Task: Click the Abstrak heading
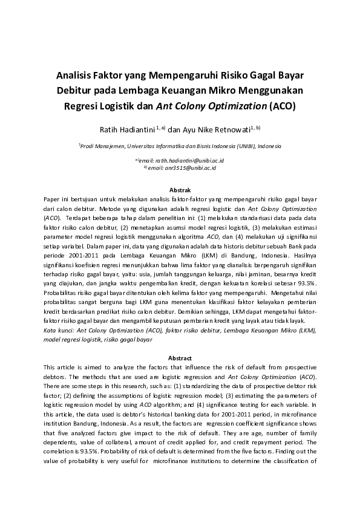[180, 190]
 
